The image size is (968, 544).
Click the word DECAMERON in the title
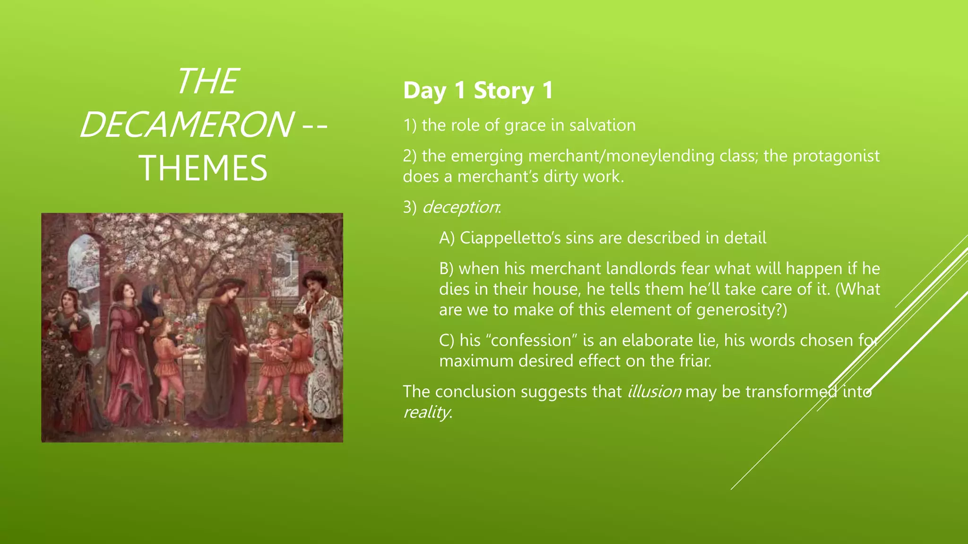coord(186,125)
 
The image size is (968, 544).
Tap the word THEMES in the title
coord(203,168)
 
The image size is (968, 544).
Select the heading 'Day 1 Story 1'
coord(478,90)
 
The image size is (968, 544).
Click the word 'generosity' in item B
coord(735,310)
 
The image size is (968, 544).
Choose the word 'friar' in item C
coord(695,361)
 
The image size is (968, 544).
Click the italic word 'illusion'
coord(654,391)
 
